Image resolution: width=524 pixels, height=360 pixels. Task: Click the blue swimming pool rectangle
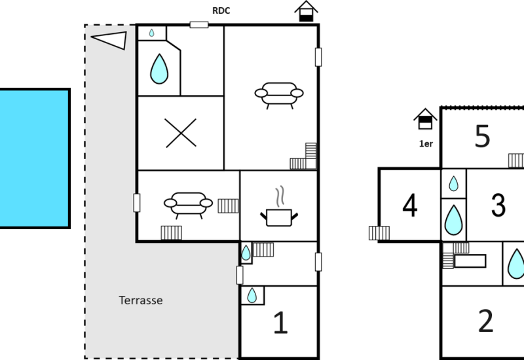tap(34, 158)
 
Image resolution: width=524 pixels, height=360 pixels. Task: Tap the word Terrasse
tap(140, 300)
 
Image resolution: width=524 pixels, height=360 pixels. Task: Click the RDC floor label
tap(220, 10)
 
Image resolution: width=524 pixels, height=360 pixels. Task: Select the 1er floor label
tap(426, 143)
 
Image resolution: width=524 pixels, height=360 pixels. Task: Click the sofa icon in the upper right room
tap(278, 94)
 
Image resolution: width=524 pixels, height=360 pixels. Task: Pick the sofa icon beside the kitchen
tap(188, 204)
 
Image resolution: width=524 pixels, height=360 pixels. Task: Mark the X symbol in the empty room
tap(181, 133)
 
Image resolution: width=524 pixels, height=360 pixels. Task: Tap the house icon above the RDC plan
tap(306, 11)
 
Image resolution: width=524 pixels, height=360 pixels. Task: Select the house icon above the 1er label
tap(426, 119)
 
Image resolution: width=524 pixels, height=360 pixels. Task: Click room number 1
tap(280, 323)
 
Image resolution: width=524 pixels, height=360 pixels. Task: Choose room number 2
tap(485, 321)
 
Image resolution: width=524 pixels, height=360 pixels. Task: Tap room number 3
tap(498, 206)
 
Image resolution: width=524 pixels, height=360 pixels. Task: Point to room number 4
tap(409, 206)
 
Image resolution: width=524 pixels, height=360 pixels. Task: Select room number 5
tap(482, 137)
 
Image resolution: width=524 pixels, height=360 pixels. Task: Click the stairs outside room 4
tap(379, 232)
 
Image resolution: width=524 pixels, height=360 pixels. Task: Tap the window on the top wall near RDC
tap(199, 25)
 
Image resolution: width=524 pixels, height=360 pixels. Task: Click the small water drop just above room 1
tap(252, 296)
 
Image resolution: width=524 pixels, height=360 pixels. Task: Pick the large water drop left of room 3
tap(453, 219)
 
